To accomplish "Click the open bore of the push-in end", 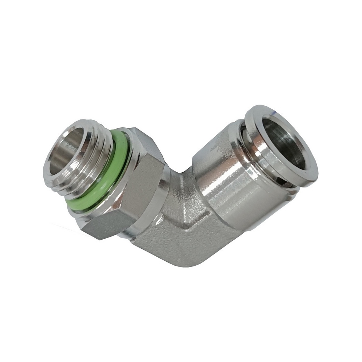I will click(286, 145).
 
